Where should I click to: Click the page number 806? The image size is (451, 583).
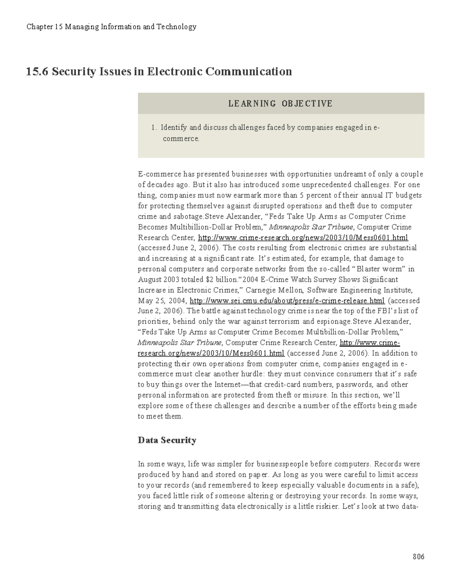(x=418, y=556)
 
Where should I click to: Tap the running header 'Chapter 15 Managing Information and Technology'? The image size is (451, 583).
(x=111, y=27)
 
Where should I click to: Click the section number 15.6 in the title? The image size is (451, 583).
(x=37, y=71)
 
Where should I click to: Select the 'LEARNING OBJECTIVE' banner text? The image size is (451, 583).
(x=280, y=104)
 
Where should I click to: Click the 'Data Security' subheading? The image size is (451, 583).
(x=167, y=440)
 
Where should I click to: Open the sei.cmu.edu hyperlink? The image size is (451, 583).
(x=287, y=301)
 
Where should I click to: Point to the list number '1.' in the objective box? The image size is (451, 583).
(x=154, y=128)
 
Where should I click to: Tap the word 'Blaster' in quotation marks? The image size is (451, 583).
(x=370, y=269)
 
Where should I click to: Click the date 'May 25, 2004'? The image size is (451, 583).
(x=162, y=301)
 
